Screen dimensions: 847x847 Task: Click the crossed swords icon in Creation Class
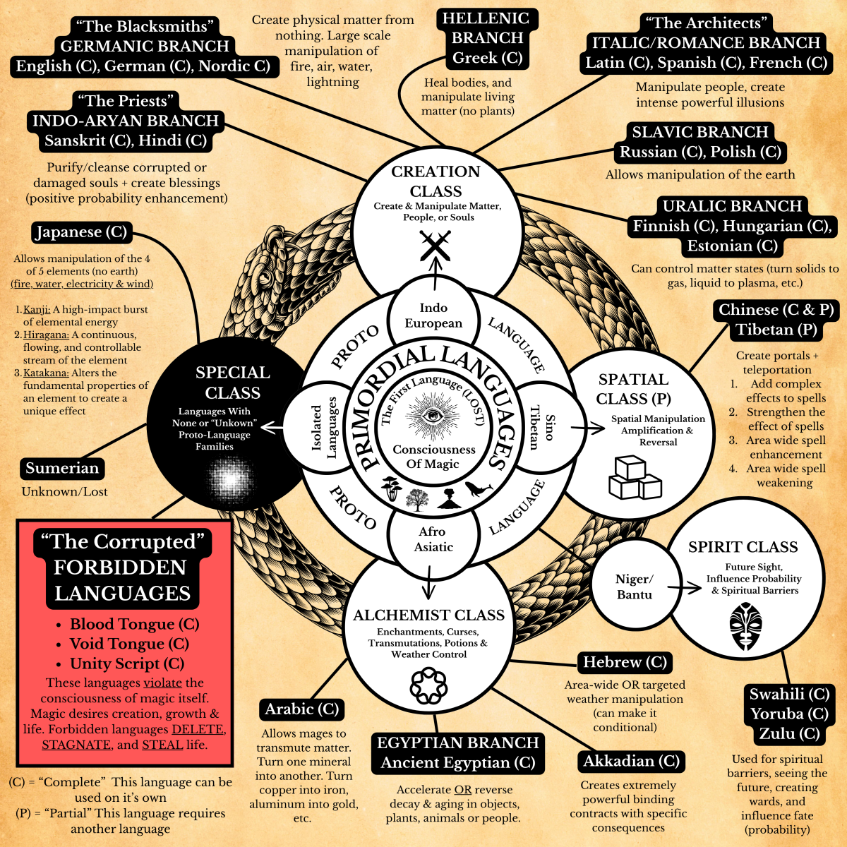(435, 246)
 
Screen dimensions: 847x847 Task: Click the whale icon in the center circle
(478, 489)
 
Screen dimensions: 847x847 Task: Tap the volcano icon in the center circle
(448, 498)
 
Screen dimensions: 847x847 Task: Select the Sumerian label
(62, 469)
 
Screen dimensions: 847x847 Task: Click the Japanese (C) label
(81, 232)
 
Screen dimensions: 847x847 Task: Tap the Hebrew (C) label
(625, 663)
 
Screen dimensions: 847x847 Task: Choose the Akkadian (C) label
(631, 762)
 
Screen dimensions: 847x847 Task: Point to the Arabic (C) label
(302, 709)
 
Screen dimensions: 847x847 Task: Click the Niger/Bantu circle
(634, 587)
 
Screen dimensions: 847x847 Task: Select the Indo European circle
(433, 316)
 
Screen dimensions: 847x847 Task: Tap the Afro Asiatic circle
(433, 539)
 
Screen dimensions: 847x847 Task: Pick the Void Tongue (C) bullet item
(129, 644)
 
